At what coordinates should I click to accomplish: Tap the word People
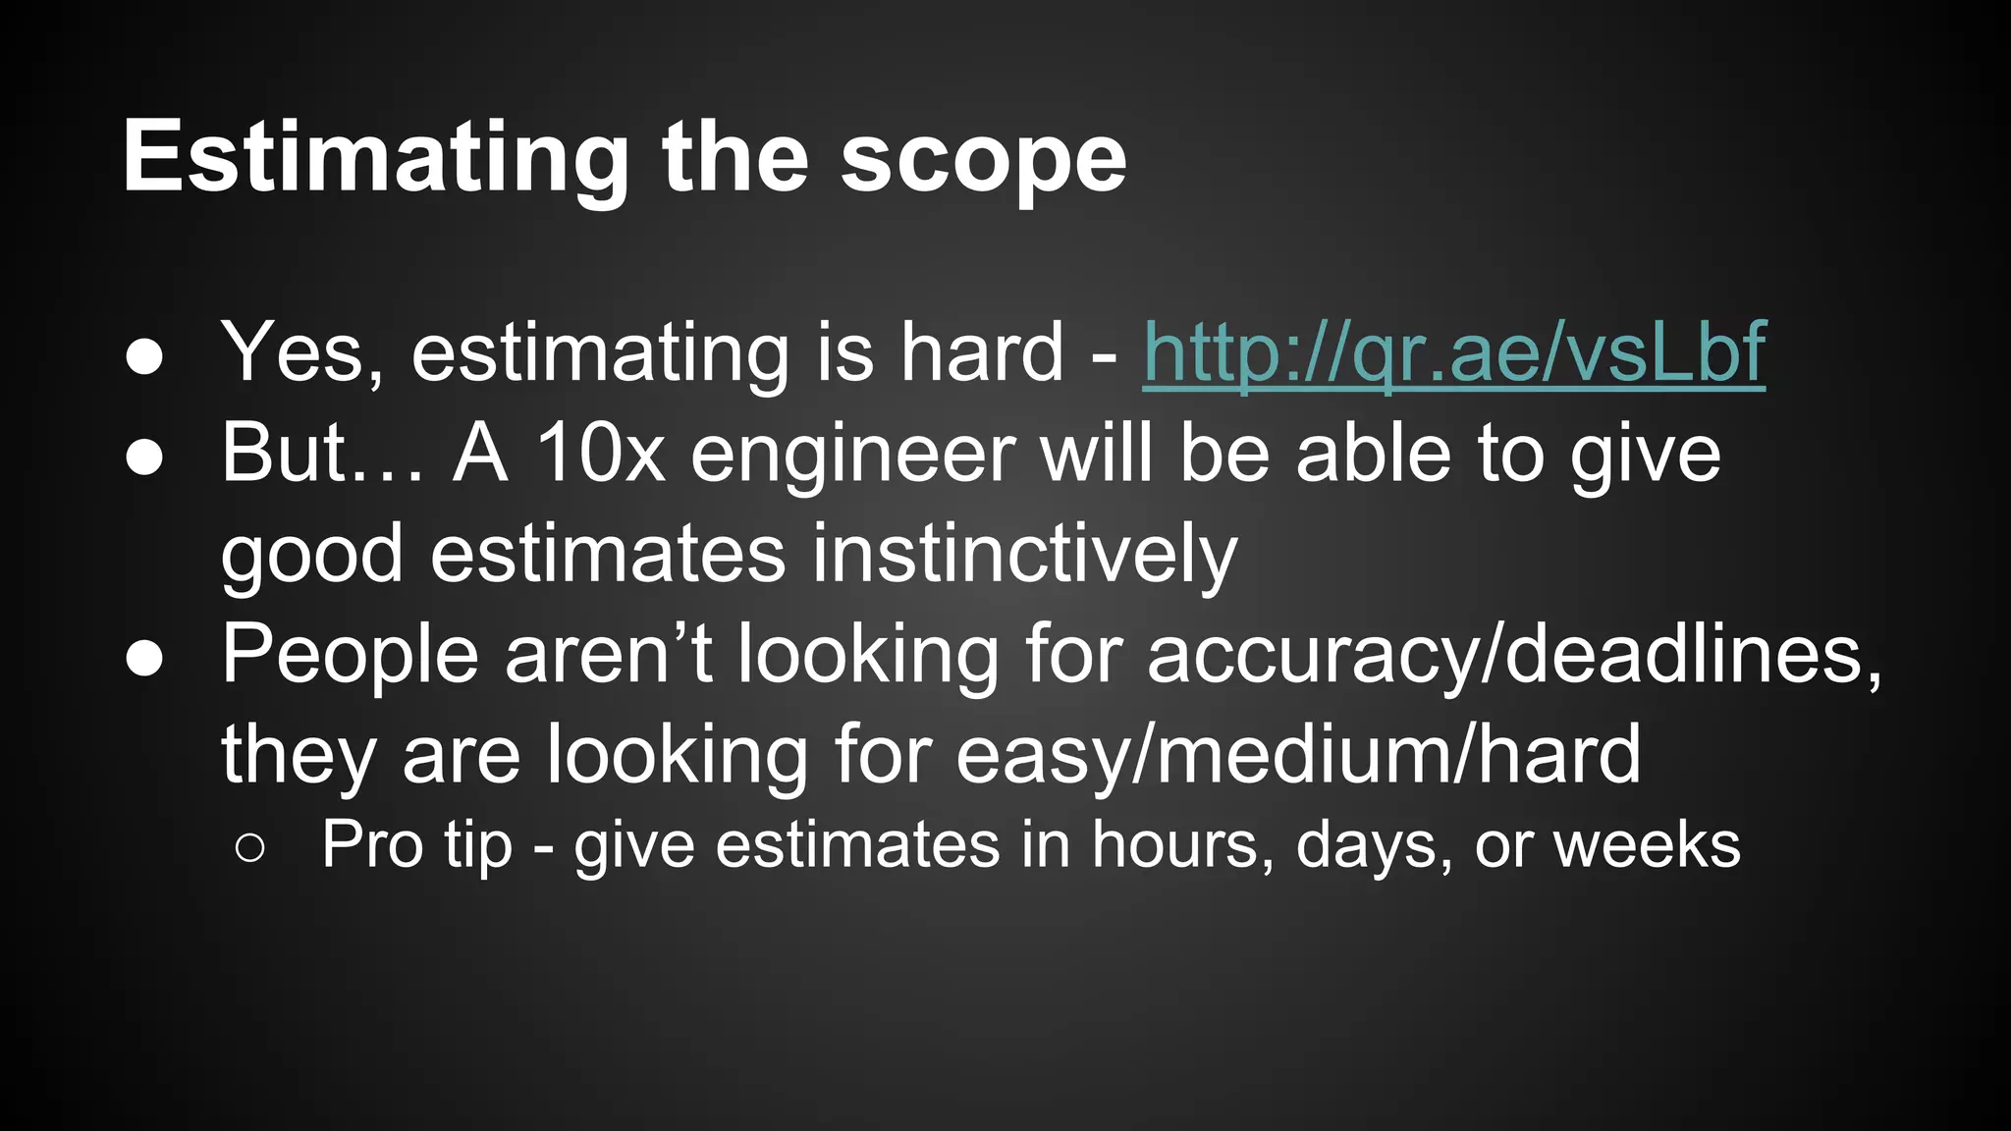pyautogui.click(x=350, y=654)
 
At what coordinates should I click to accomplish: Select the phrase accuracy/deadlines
pyautogui.click(x=1513, y=654)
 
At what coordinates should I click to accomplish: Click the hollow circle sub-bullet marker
pyautogui.click(x=250, y=847)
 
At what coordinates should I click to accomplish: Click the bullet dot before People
pyautogui.click(x=144, y=659)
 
